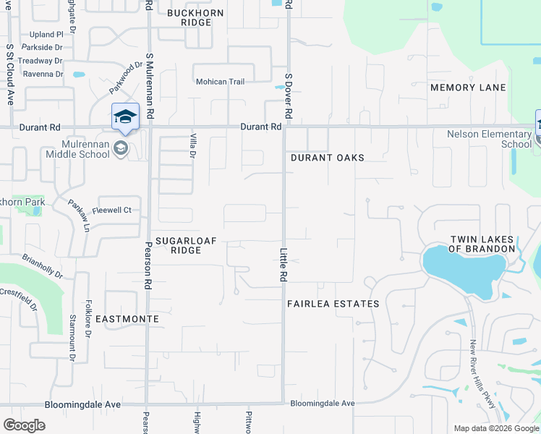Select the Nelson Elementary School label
(489, 139)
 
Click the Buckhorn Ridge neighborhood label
(189, 17)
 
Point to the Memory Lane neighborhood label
(468, 88)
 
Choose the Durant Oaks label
(327, 158)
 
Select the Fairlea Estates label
(333, 304)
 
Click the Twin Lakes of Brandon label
(481, 244)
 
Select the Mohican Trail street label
(221, 82)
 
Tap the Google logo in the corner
(24, 425)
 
